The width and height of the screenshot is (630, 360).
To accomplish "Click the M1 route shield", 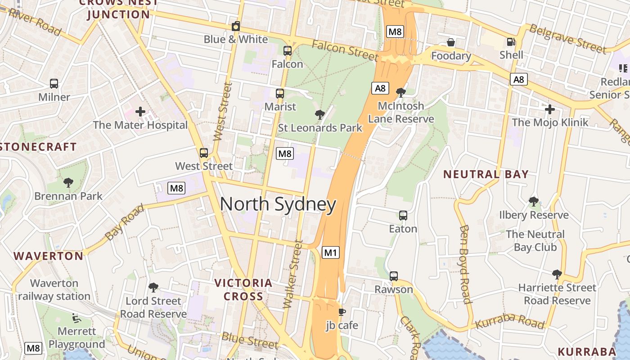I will click(x=331, y=252).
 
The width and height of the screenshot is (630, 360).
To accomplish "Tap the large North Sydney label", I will click(x=278, y=205).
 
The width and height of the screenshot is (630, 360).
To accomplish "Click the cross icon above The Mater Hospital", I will click(x=140, y=111).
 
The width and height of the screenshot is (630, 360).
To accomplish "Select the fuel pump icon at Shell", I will click(x=511, y=42).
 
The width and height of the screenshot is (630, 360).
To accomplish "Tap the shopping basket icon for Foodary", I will click(x=450, y=42).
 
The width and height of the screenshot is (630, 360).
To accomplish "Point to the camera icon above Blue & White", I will click(x=235, y=26).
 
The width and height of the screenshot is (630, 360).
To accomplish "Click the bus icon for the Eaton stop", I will click(x=403, y=216).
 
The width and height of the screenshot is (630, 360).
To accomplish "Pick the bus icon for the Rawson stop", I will click(x=394, y=276).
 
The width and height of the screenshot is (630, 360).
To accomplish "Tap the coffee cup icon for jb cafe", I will click(x=342, y=311).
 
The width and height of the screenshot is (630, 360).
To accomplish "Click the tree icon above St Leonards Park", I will click(x=320, y=114).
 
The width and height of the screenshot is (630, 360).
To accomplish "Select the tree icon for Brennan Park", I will click(x=68, y=182).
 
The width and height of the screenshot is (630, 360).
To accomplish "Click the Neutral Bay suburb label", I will click(x=486, y=174).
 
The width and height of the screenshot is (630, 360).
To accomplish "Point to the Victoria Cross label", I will click(x=243, y=289).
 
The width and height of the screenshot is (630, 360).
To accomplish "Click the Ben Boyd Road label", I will click(x=465, y=264).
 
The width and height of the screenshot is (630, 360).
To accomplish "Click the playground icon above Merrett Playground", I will click(x=76, y=318).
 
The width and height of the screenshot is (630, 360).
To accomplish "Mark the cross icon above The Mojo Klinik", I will click(x=549, y=109).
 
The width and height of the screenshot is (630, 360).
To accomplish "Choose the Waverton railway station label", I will click(x=54, y=290).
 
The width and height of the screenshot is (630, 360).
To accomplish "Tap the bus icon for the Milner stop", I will click(x=54, y=84).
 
